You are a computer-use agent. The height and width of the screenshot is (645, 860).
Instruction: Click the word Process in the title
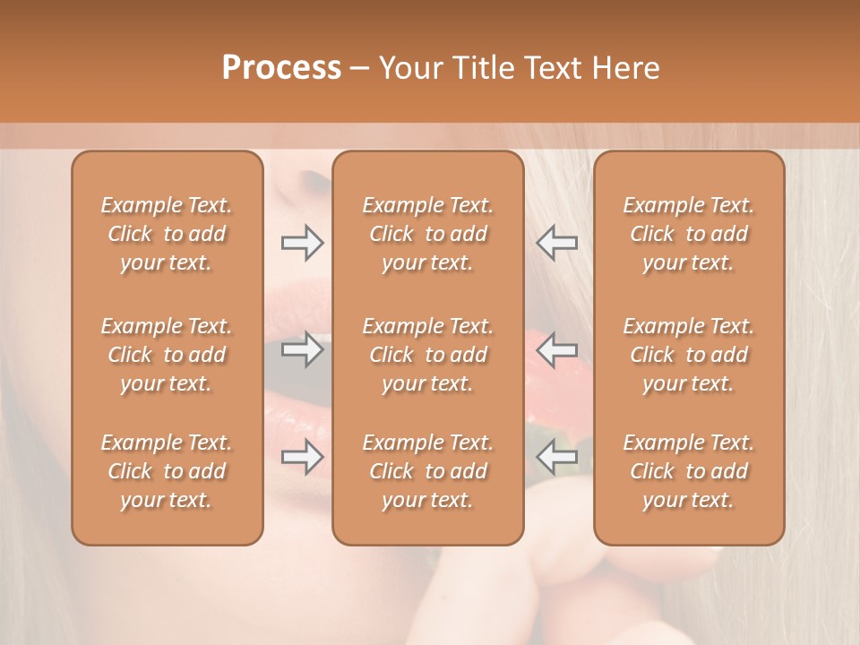pyautogui.click(x=281, y=68)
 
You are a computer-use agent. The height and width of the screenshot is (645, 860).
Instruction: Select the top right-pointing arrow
pyautogui.click(x=302, y=243)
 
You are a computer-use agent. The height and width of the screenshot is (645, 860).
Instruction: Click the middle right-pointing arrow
pyautogui.click(x=302, y=348)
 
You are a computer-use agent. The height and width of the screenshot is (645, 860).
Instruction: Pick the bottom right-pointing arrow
pyautogui.click(x=302, y=457)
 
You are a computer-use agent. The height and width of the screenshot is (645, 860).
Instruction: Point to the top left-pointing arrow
pyautogui.click(x=557, y=243)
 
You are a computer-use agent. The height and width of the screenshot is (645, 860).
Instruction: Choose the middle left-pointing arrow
pyautogui.click(x=557, y=348)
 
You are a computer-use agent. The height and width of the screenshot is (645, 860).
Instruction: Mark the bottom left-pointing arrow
pyautogui.click(x=557, y=457)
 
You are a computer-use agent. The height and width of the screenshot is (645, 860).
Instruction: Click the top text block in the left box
pyautogui.click(x=167, y=234)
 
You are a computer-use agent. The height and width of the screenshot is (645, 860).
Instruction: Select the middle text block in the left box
pyautogui.click(x=167, y=355)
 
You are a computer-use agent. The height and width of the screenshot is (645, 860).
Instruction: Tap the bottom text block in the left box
pyautogui.click(x=167, y=471)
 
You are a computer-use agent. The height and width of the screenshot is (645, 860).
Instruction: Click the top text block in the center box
pyautogui.click(x=427, y=234)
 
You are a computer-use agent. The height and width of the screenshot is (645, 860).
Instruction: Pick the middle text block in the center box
pyautogui.click(x=427, y=355)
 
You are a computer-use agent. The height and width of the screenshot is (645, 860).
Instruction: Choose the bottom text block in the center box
pyautogui.click(x=427, y=471)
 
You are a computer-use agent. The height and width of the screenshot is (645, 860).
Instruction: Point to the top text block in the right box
pyautogui.click(x=689, y=234)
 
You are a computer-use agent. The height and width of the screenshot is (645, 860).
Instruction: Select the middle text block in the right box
pyautogui.click(x=689, y=355)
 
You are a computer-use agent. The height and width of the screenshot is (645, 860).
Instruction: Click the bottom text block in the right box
pyautogui.click(x=689, y=471)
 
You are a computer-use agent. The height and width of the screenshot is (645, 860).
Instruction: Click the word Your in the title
pyautogui.click(x=409, y=68)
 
